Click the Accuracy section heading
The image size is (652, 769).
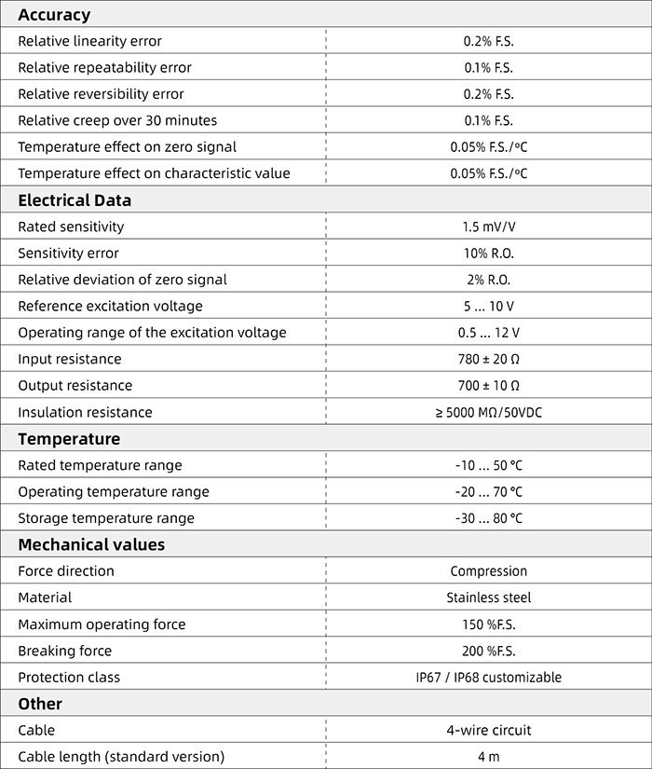pyautogui.click(x=54, y=15)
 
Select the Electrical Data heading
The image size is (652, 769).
pyautogui.click(x=75, y=200)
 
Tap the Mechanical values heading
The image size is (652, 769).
pyautogui.click(x=91, y=544)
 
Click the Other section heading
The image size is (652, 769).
pyautogui.click(x=40, y=704)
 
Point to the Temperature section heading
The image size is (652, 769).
pyautogui.click(x=69, y=439)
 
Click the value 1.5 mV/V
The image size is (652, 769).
pyautogui.click(x=488, y=227)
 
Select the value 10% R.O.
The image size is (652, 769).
pyautogui.click(x=488, y=254)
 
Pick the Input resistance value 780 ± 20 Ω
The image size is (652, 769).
pyautogui.click(x=488, y=359)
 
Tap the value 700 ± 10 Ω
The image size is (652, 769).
pyautogui.click(x=488, y=385)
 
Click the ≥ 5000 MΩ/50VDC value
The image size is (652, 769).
pyautogui.click(x=488, y=412)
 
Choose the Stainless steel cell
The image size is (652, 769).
pyautogui.click(x=488, y=597)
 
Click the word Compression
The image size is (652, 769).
pyautogui.click(x=488, y=571)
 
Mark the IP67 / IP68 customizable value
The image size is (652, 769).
pyautogui.click(x=488, y=678)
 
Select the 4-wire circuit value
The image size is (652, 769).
pyautogui.click(x=488, y=730)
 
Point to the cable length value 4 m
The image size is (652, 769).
pyautogui.click(x=488, y=757)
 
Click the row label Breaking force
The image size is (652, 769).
pyautogui.click(x=64, y=651)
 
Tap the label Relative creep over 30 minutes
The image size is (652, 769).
pyautogui.click(x=117, y=120)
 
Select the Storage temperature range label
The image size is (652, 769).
pyautogui.click(x=106, y=518)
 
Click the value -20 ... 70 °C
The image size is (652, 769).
pyautogui.click(x=488, y=491)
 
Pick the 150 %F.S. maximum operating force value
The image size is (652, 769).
pyautogui.click(x=488, y=625)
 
